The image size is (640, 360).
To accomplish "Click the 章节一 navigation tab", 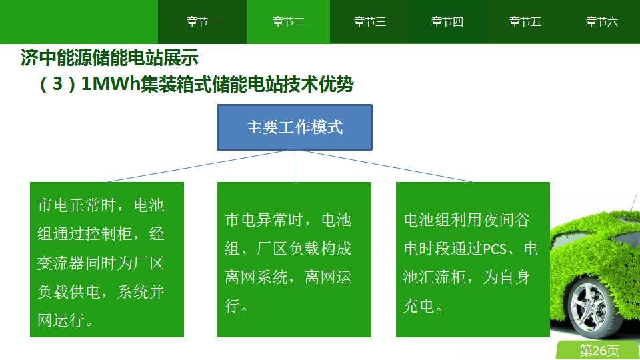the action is tap(203, 21).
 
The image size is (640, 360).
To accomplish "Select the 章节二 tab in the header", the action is tap(289, 21).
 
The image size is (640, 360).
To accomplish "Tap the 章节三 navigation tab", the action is tap(369, 21).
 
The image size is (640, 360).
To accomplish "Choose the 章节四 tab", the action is tap(447, 21).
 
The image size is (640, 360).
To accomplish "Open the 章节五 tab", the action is tap(525, 21).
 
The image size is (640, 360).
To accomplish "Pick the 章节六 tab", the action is tap(601, 21).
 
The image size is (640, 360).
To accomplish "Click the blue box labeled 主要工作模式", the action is tap(294, 127).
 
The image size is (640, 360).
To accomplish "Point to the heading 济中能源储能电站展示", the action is tap(109, 57).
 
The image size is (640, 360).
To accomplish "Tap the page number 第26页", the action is tap(599, 350).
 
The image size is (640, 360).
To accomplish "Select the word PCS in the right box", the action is tap(494, 249).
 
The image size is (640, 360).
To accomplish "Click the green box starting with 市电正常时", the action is tap(107, 259).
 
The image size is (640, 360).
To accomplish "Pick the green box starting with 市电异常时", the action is tap(294, 259).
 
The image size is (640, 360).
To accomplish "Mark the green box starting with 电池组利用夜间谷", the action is tap(473, 259).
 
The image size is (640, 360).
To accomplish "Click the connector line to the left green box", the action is tap(197, 166).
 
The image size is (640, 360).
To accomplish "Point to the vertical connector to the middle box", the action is tap(295, 166).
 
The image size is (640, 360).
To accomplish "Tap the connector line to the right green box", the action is tap(387, 166).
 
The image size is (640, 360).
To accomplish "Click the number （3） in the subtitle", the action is tap(57, 84).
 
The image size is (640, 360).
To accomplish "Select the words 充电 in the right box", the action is tap(419, 306).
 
